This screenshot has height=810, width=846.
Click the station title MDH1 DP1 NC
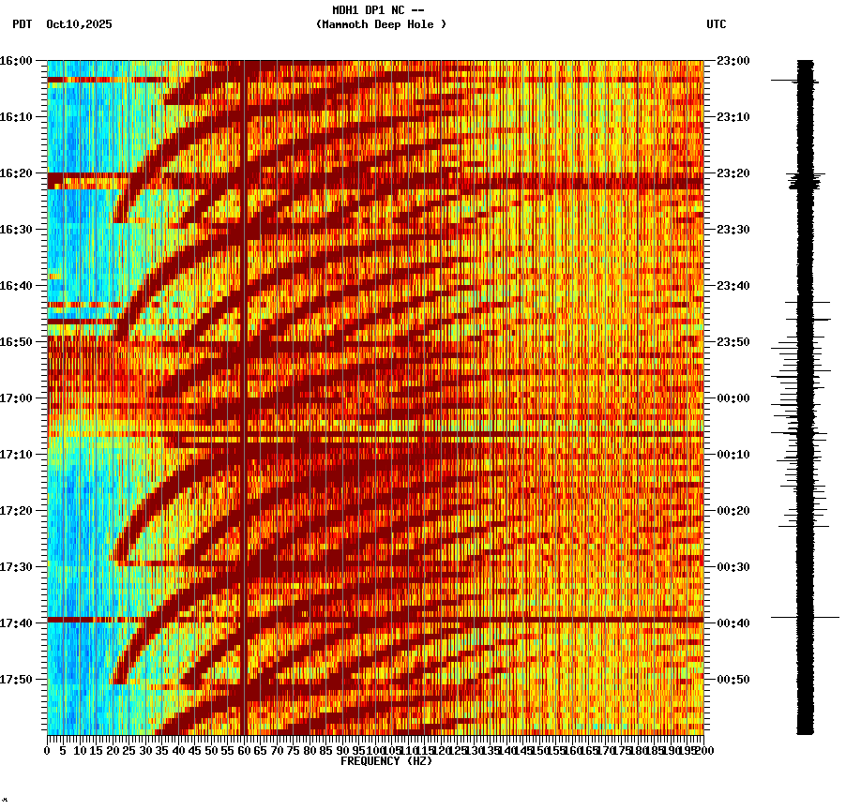pos(378,11)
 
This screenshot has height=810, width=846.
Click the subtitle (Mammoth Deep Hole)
pos(381,24)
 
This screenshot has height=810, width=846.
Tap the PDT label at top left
pos(22,24)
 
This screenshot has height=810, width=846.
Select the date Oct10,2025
pos(79,24)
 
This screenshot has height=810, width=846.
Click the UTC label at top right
pos(716,24)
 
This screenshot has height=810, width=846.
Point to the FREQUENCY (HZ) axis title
pos(385,761)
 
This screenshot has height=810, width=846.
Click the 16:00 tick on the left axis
pos(16,60)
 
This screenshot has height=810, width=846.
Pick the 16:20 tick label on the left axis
pos(16,172)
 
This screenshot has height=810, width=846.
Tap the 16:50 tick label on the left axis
pos(16,341)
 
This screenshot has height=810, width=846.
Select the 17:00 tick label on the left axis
pos(16,397)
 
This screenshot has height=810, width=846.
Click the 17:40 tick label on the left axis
pos(16,622)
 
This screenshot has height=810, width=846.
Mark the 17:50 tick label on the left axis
pos(16,679)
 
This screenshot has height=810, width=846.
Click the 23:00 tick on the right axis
pos(733,60)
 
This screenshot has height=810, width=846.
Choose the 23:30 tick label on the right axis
pos(733,229)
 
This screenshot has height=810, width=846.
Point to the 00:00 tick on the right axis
pos(733,397)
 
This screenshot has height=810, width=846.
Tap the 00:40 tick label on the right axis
pos(733,622)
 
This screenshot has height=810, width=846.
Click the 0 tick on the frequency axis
pos(48,751)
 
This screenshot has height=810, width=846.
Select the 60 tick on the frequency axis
pos(245,751)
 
